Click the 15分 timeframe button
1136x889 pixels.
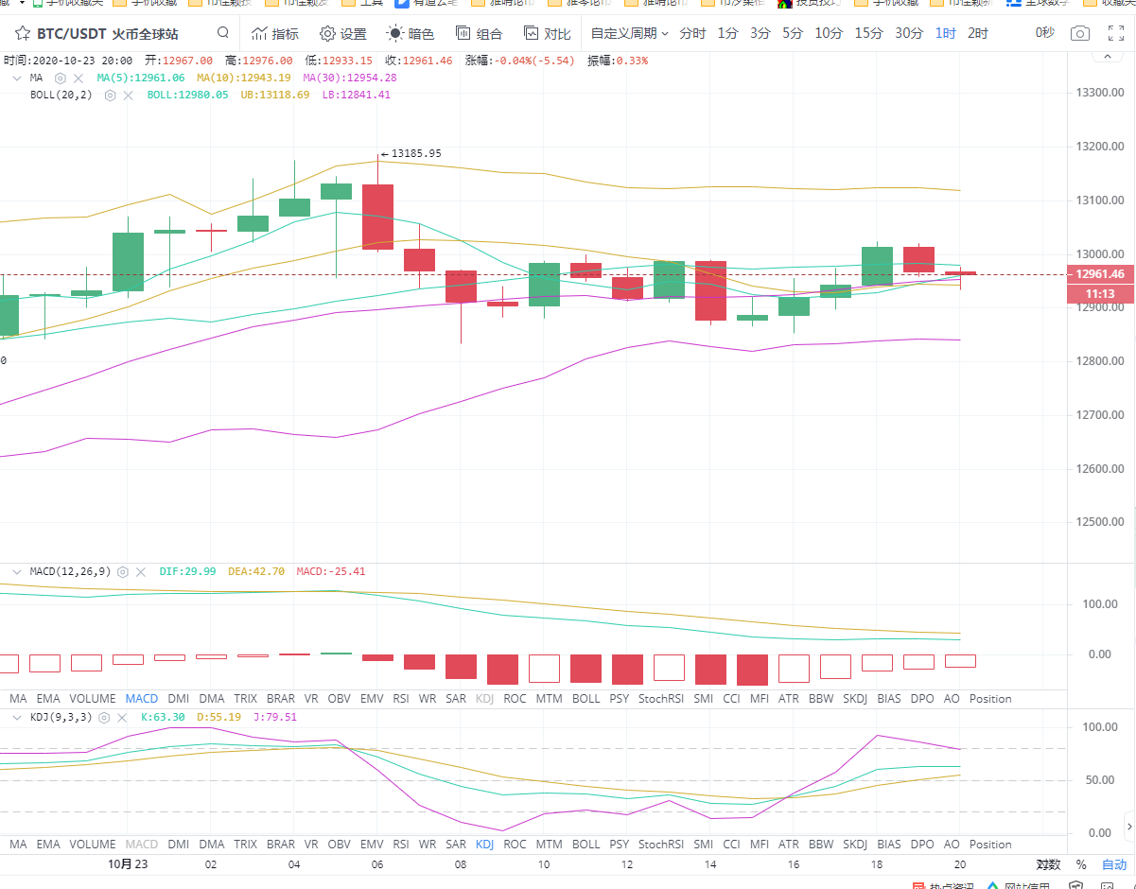[868, 33]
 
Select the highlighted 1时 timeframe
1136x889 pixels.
[945, 33]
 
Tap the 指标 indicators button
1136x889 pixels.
[274, 34]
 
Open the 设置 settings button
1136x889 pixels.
[342, 34]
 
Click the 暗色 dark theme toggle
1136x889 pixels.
[411, 34]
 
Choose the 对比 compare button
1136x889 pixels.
[547, 34]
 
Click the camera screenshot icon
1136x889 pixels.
[1079, 33]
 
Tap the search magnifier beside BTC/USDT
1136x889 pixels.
[222, 33]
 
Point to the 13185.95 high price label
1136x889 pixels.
[416, 153]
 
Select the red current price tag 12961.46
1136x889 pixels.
[1100, 274]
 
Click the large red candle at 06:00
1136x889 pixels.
[377, 217]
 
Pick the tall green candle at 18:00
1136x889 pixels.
[877, 266]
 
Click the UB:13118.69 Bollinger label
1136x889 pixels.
[274, 95]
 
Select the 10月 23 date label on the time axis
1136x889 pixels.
[128, 863]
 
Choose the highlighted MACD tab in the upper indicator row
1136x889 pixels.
[142, 699]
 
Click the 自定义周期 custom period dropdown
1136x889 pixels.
[629, 33]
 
